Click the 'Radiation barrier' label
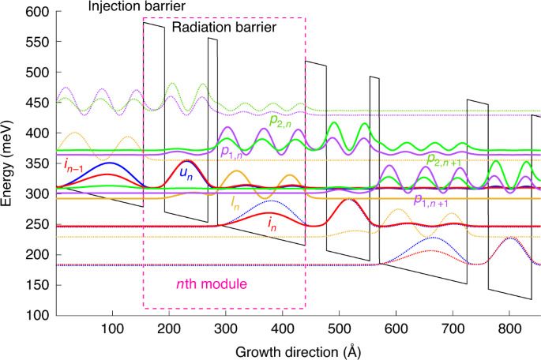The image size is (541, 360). pos(224,27)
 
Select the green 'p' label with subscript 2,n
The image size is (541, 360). pos(281,121)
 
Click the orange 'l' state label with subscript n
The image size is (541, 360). pos(235,203)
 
